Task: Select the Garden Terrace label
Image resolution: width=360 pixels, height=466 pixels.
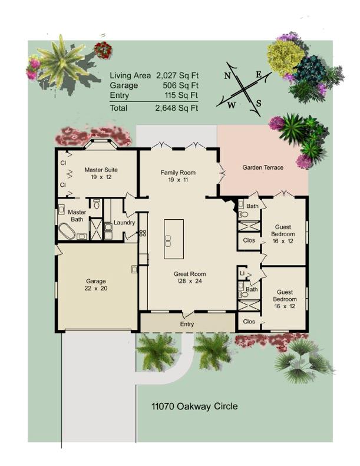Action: [x=263, y=168]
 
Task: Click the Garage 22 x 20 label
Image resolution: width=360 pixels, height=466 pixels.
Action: [x=95, y=285]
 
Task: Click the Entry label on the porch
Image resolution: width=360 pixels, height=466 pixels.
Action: [x=187, y=324]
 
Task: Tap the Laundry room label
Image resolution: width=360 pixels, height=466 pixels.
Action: [x=124, y=223]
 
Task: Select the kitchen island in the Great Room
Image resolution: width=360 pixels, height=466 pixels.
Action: [x=173, y=239]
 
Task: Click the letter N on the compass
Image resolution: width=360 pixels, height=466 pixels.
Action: [x=227, y=77]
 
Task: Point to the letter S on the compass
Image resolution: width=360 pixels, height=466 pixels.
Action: [x=258, y=104]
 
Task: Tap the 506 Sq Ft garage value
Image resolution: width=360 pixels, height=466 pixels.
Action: [x=181, y=85]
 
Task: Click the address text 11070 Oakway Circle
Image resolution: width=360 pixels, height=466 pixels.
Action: [x=194, y=406]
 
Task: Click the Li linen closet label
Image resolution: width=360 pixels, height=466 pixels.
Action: [x=242, y=274]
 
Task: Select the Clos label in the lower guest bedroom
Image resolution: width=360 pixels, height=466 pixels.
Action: [x=249, y=322]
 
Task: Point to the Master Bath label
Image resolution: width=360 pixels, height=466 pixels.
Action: [x=77, y=216]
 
